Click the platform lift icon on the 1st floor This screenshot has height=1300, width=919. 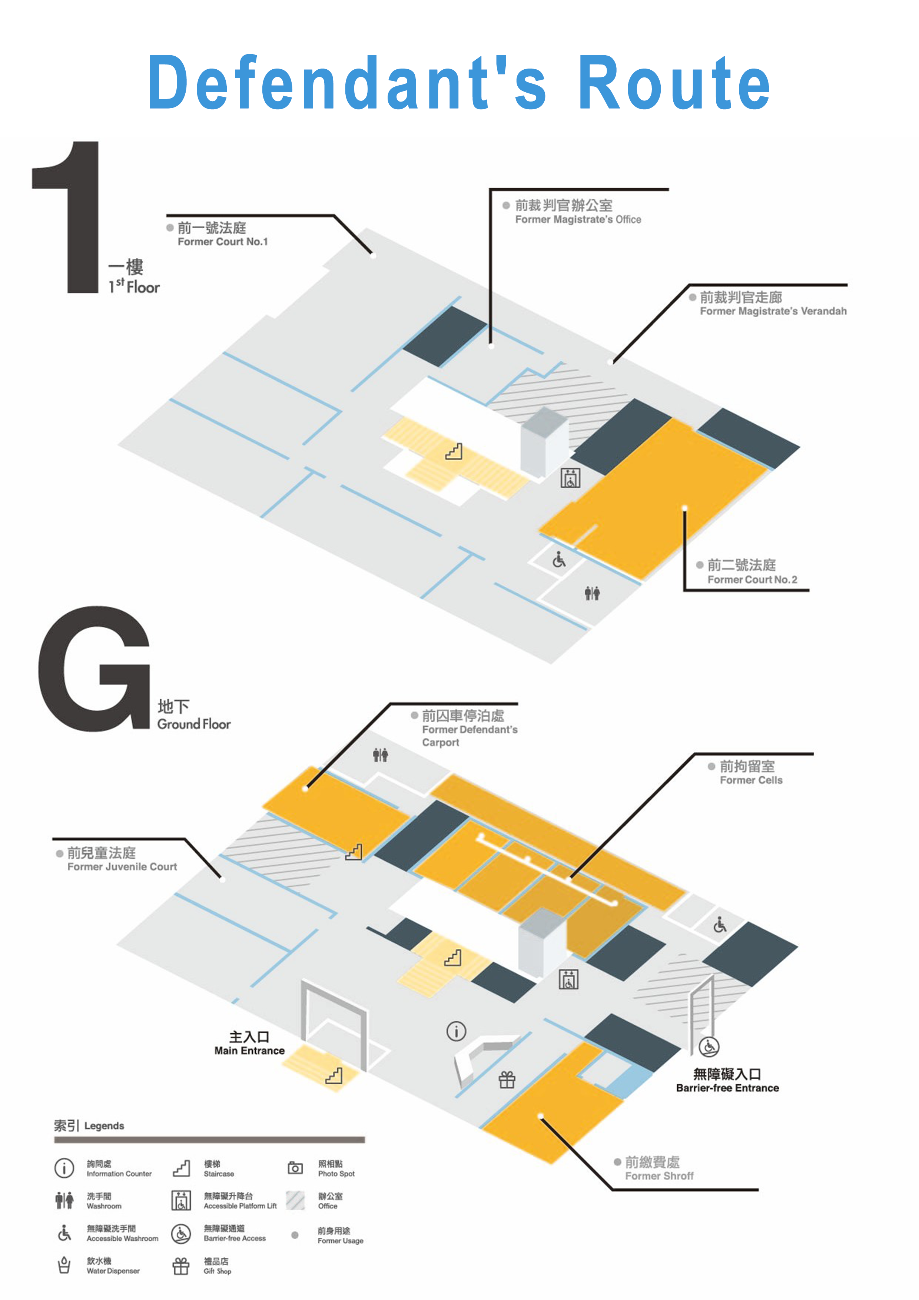[570, 478]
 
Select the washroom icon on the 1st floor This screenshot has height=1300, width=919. [592, 593]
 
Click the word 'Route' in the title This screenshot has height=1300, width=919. [674, 83]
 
